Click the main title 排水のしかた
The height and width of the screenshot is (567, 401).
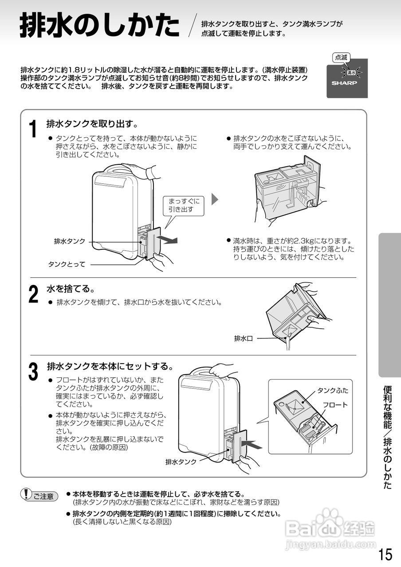(x=99, y=26)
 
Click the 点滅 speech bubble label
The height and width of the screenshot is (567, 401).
(x=341, y=57)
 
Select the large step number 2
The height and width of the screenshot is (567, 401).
(x=33, y=294)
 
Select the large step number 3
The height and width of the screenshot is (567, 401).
(x=33, y=372)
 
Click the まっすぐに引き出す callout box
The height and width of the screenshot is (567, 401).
(x=184, y=205)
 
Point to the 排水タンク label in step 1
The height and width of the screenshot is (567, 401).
(x=70, y=241)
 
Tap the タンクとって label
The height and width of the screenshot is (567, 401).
(x=67, y=264)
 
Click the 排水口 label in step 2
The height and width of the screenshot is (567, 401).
(x=243, y=338)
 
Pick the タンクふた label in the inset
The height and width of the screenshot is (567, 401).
(x=332, y=390)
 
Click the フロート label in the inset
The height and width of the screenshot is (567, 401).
(x=335, y=405)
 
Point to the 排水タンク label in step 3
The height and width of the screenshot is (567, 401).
(x=181, y=462)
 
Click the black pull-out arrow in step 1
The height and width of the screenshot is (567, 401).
(x=169, y=241)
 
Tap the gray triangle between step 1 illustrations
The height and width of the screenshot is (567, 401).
(x=215, y=199)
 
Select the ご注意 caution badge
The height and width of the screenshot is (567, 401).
(x=40, y=496)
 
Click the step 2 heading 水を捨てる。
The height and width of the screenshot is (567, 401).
(x=71, y=289)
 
